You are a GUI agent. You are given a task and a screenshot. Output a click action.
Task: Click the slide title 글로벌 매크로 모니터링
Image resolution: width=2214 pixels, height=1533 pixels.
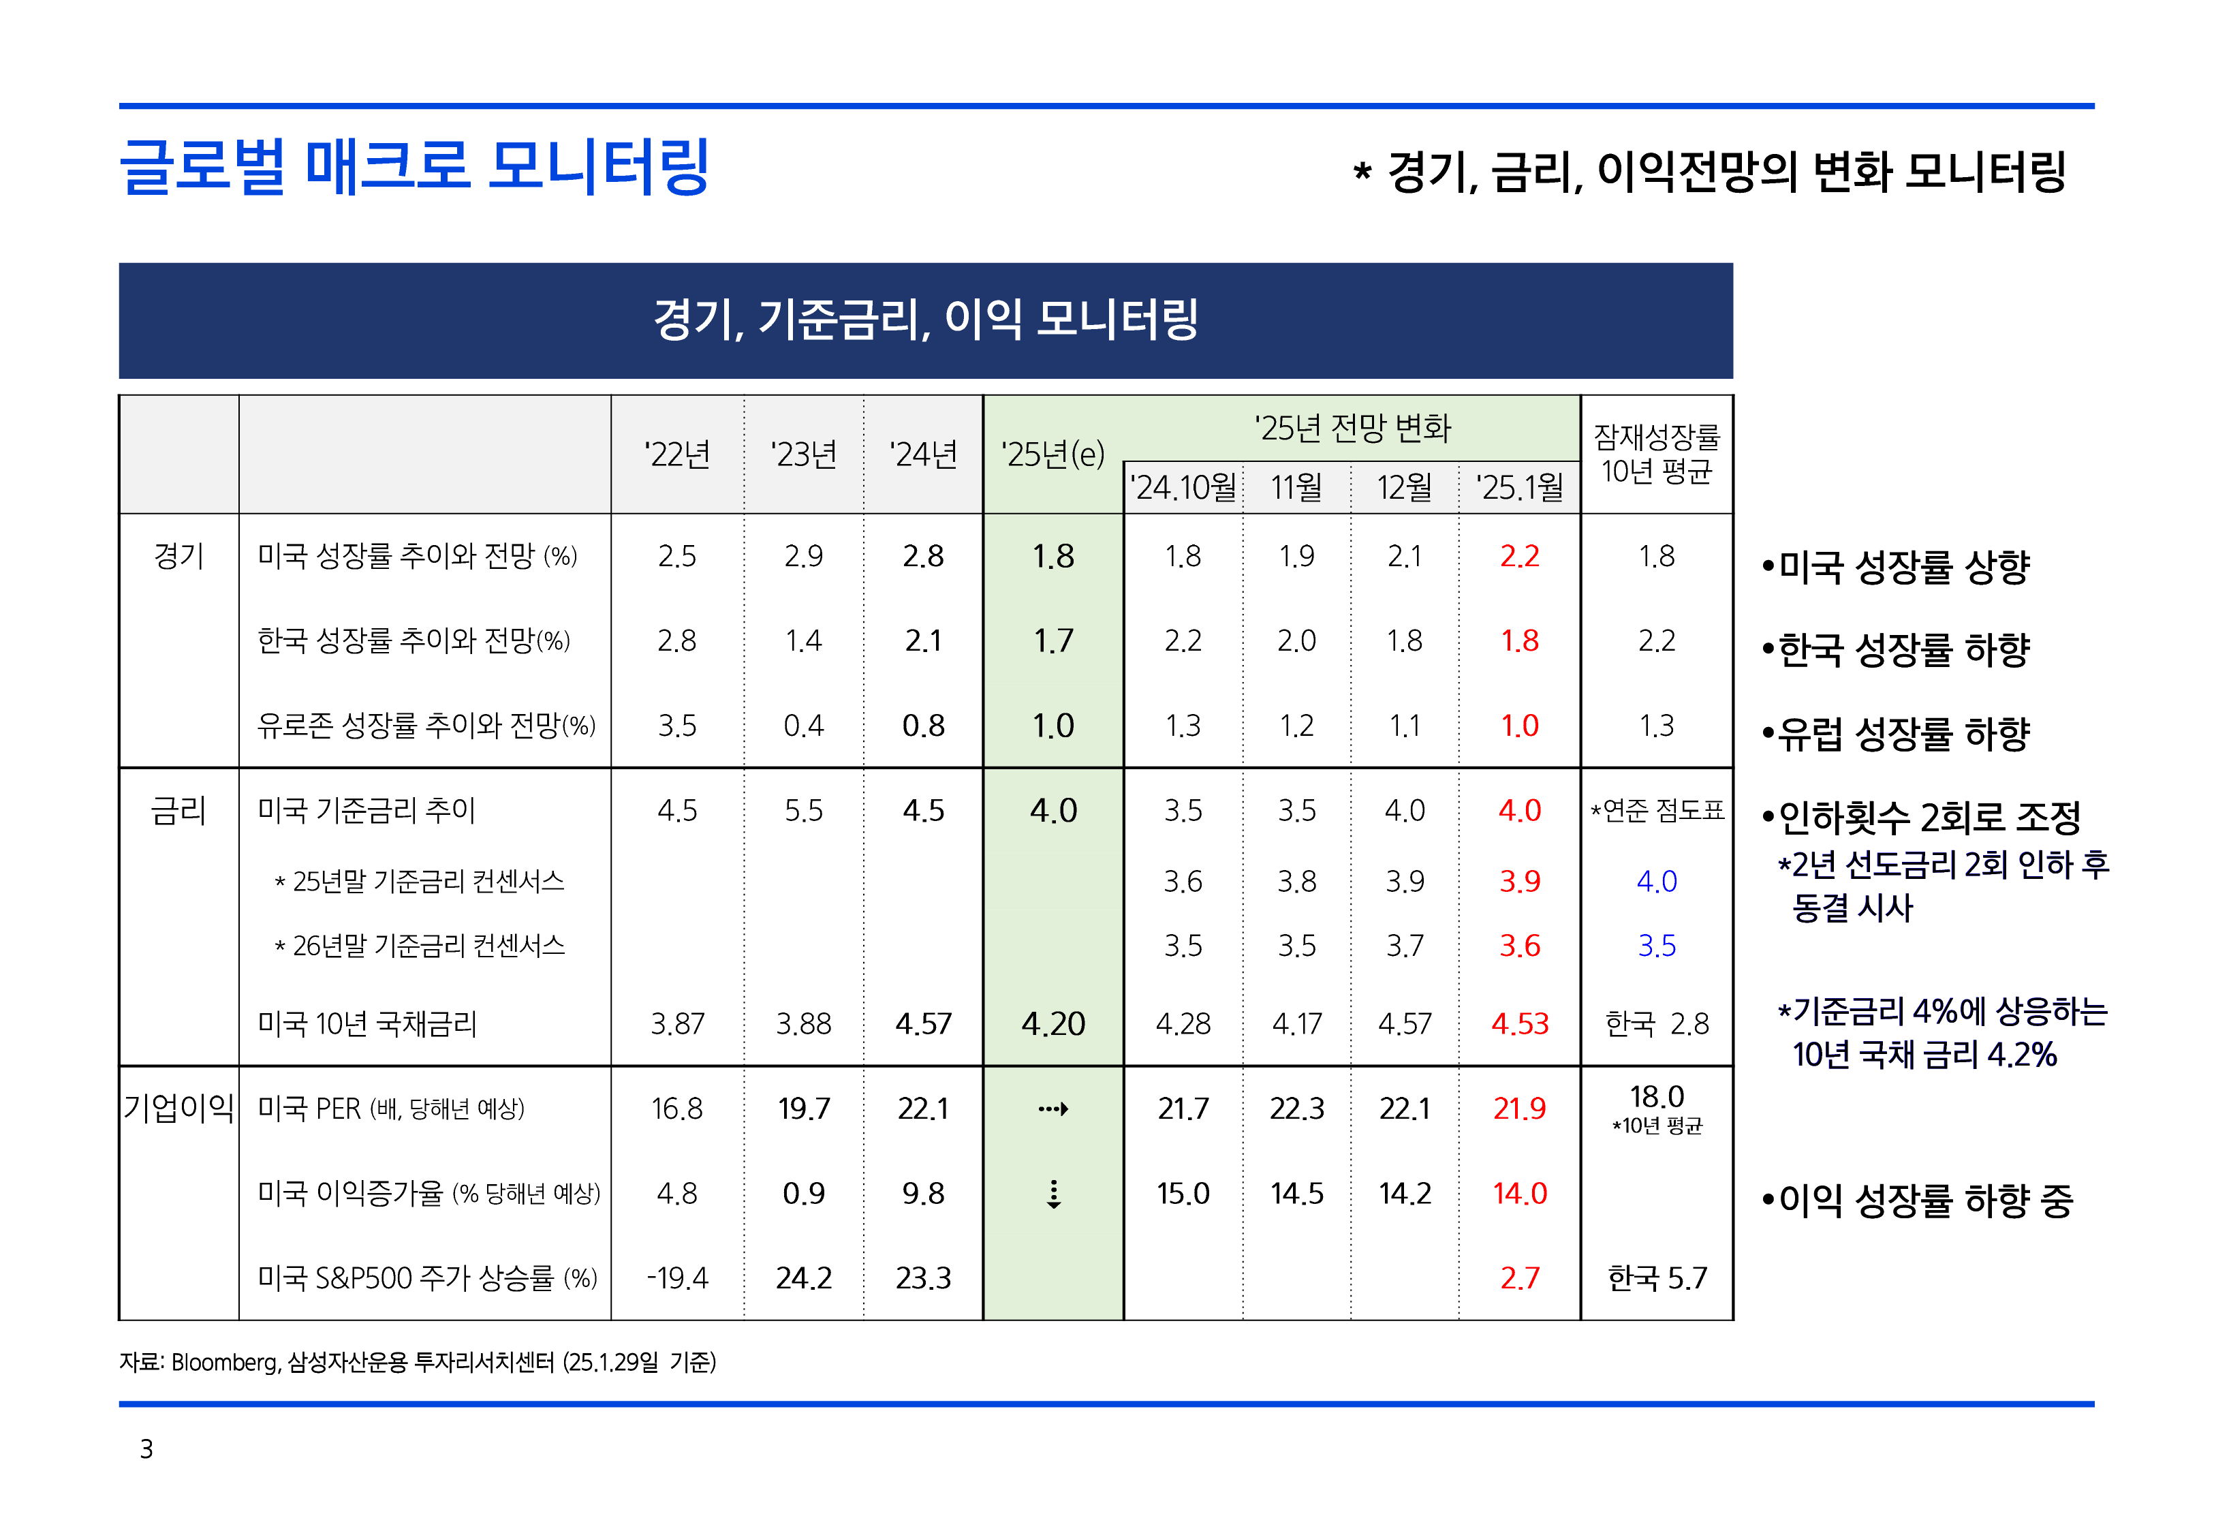[x=413, y=166]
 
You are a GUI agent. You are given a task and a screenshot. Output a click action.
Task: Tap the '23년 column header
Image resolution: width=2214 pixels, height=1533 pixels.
[x=804, y=454]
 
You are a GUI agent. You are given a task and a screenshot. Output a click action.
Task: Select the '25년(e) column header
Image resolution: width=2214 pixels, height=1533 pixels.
[x=1053, y=454]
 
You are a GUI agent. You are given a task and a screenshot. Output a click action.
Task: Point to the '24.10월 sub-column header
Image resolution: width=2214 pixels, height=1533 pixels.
[x=1183, y=488]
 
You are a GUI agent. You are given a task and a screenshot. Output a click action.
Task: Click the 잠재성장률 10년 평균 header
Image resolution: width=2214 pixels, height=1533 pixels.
[x=1656, y=454]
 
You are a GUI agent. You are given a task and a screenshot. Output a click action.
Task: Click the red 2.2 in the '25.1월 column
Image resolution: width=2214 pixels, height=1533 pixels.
[x=1519, y=556]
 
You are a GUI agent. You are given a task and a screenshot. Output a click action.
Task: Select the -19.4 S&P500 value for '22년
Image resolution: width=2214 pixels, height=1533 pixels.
[x=677, y=1278]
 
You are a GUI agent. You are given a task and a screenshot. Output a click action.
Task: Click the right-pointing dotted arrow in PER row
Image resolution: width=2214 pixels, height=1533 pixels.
[x=1053, y=1109]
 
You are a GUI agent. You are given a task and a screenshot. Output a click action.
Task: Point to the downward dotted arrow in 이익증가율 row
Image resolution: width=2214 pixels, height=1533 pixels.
[x=1053, y=1194]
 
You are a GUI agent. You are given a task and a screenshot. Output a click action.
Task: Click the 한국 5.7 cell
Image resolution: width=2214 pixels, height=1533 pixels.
[x=1656, y=1278]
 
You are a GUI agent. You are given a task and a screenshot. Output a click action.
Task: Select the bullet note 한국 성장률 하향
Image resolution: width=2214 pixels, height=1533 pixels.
[x=1896, y=650]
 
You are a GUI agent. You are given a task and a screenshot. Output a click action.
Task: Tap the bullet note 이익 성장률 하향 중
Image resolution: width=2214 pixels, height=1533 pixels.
[x=1918, y=1201]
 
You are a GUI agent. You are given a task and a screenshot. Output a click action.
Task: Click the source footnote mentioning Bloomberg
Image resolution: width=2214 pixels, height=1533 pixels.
[x=418, y=1362]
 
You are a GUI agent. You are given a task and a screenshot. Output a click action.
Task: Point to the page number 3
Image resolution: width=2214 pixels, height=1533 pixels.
[x=146, y=1449]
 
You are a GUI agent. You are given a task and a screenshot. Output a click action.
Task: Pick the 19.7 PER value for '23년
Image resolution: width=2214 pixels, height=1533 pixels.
[x=804, y=1109]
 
